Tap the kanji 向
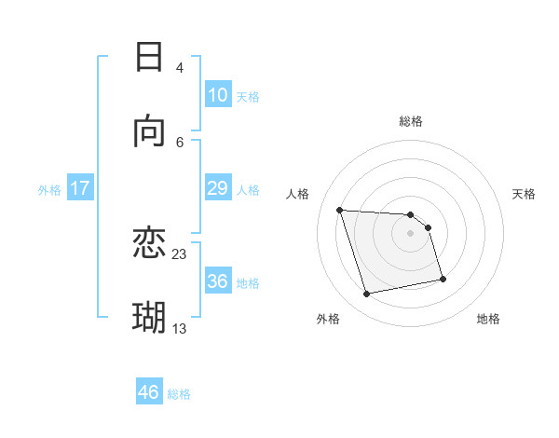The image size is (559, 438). pos(149,131)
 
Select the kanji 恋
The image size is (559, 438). pos(149,244)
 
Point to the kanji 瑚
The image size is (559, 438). pos(149,318)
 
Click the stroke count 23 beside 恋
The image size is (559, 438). pos(180,253)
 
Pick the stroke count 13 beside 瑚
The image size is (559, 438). pos(180,327)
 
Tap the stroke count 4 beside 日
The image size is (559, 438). pos(180,67)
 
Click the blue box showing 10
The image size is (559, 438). pos(218,95)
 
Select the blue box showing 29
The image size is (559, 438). pos(218,188)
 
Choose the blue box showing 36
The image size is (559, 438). pos(218,281)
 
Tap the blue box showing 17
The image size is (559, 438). pos(80,188)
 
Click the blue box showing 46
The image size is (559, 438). pos(149,392)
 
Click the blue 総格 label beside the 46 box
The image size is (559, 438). pos(179,394)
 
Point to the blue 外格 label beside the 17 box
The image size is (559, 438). pos(49,190)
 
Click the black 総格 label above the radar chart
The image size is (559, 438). pos(411,121)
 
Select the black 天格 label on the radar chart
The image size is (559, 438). pos(525,194)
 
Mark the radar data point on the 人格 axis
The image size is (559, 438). pos(340,210)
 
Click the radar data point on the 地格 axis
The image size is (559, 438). pos(443,279)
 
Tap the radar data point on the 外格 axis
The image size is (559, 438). pos(367,294)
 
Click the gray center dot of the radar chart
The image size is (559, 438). pos(411,233)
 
